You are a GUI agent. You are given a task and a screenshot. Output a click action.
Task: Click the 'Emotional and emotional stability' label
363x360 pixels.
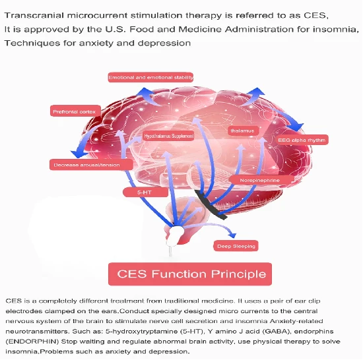pyautogui.click(x=150, y=77)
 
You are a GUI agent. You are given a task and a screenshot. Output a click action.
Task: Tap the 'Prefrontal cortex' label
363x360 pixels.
pyautogui.click(x=75, y=111)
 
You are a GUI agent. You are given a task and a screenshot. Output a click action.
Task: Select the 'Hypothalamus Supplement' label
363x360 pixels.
pyautogui.click(x=168, y=136)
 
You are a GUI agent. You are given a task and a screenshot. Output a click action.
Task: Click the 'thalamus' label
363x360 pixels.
pyautogui.click(x=243, y=131)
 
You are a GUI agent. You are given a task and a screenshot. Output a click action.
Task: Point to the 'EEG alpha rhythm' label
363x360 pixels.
pyautogui.click(x=302, y=140)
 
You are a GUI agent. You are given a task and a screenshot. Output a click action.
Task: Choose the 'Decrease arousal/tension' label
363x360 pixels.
pyautogui.click(x=91, y=165)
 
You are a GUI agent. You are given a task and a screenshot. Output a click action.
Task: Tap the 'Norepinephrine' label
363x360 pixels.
pyautogui.click(x=261, y=180)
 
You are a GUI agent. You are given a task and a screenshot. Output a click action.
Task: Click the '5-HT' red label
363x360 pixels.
pyautogui.click(x=145, y=193)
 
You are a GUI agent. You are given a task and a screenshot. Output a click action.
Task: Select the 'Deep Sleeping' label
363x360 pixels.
pyautogui.click(x=236, y=246)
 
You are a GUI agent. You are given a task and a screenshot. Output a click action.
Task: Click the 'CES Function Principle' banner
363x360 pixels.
pyautogui.click(x=190, y=274)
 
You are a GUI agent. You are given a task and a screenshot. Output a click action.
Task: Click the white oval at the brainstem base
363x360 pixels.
pyautogui.click(x=175, y=234)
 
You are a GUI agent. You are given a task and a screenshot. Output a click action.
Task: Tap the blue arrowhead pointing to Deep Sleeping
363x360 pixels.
pyautogui.click(x=232, y=235)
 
